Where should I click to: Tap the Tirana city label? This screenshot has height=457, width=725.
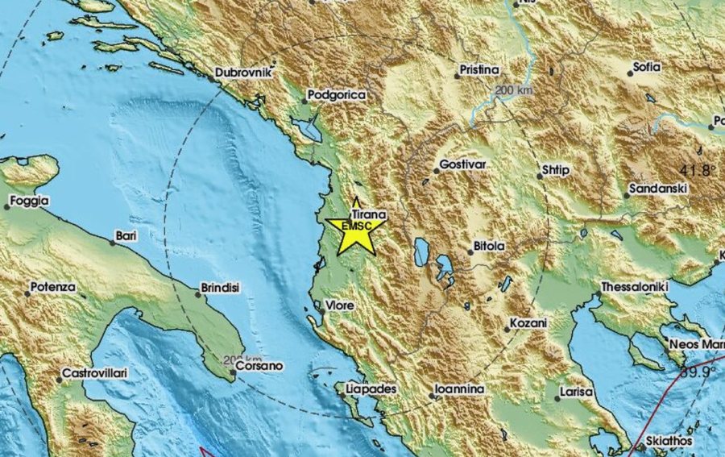[370, 215]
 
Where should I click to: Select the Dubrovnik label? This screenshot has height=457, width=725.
[245, 73]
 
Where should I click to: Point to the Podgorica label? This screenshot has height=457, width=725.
[338, 95]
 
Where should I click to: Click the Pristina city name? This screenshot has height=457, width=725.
[480, 70]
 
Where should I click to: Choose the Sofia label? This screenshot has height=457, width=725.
[647, 67]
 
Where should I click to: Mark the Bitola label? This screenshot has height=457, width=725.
[487, 245]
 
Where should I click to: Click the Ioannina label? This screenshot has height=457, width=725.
[459, 389]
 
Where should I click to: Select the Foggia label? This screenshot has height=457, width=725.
[29, 201]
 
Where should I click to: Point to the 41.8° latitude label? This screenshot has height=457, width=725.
[698, 170]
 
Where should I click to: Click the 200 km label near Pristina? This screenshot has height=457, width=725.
[516, 89]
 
